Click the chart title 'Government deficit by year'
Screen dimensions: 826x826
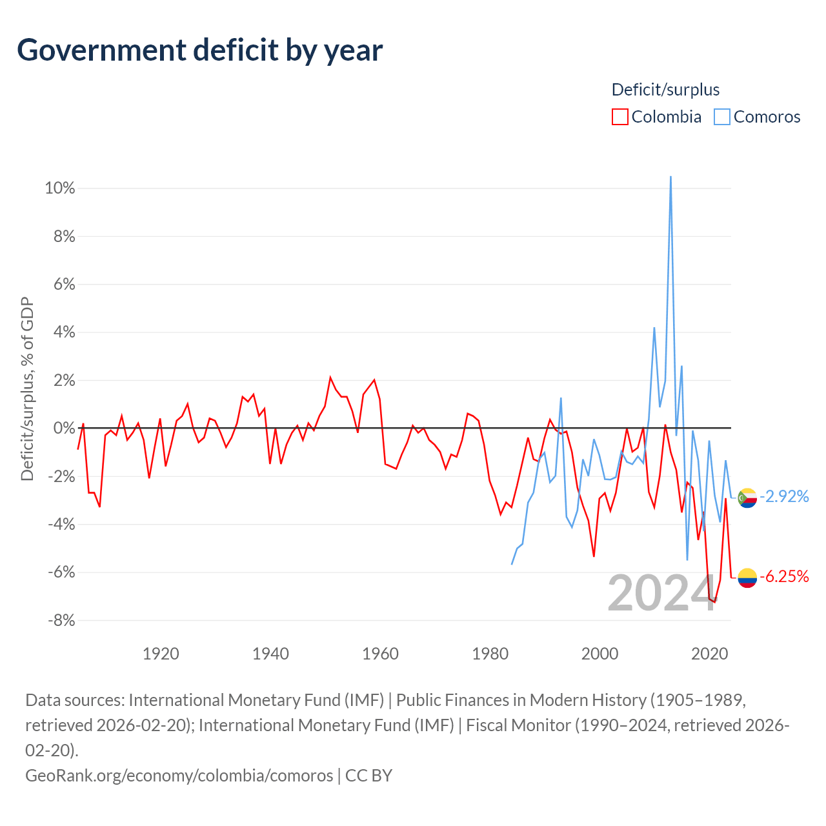pos(199,50)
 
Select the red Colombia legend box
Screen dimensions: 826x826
pos(619,117)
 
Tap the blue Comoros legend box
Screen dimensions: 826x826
pos(721,117)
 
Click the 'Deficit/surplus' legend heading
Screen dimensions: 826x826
pos(665,90)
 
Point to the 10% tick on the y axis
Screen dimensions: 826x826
pos(59,188)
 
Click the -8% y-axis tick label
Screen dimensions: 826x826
pos(61,620)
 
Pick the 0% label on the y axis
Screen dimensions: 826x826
pos(64,428)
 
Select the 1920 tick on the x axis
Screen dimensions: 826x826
pos(161,654)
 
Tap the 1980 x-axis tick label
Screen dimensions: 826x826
pos(490,654)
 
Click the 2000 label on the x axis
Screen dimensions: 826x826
pos(599,654)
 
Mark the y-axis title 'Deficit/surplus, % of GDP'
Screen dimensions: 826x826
pos(28,388)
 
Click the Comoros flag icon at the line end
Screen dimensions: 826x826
pos(747,498)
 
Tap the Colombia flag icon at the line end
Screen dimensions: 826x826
pos(747,578)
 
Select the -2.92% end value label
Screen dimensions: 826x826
pos(784,496)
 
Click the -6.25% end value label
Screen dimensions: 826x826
pos(784,576)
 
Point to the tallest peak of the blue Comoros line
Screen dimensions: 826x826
pos(670,177)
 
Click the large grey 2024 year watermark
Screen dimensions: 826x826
pos(662,593)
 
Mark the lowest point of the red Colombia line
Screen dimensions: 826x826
pos(714,602)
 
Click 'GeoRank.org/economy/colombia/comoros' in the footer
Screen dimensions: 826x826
pos(179,776)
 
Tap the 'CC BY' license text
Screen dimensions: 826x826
pos(368,776)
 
